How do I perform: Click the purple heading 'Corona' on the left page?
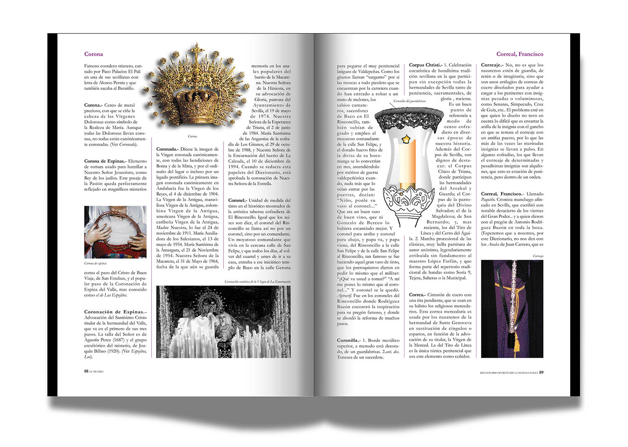93,54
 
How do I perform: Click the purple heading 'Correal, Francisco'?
520,54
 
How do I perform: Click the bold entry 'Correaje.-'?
492,65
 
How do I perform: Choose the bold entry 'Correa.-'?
417,295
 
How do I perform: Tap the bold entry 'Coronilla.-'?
348,340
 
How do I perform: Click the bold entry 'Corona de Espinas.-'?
105,161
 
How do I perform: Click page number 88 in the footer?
86,371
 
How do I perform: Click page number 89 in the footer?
541,372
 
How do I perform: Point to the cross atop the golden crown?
195,51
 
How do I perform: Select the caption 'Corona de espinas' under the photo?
95,264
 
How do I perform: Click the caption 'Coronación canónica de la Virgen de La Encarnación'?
257,282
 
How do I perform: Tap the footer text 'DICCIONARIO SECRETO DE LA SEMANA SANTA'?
509,372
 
